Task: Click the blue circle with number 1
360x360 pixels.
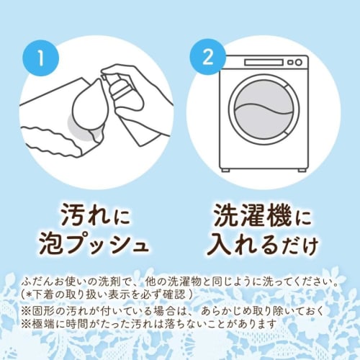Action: [x=41, y=58]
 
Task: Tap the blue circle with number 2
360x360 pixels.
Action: [x=208, y=57]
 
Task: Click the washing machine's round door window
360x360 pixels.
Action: [x=264, y=110]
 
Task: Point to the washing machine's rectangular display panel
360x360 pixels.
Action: [x=264, y=63]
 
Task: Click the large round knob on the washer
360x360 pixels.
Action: [x=298, y=63]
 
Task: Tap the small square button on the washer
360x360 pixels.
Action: [x=290, y=63]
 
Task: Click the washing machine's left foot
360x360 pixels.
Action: [x=226, y=170]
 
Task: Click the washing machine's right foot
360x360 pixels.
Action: [x=302, y=170]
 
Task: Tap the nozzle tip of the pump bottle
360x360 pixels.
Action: [x=102, y=77]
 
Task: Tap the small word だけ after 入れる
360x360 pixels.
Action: [x=300, y=246]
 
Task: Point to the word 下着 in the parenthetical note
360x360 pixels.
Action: [x=43, y=295]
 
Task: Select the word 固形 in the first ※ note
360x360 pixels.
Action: [x=42, y=312]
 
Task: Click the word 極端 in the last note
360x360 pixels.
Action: [x=42, y=325]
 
